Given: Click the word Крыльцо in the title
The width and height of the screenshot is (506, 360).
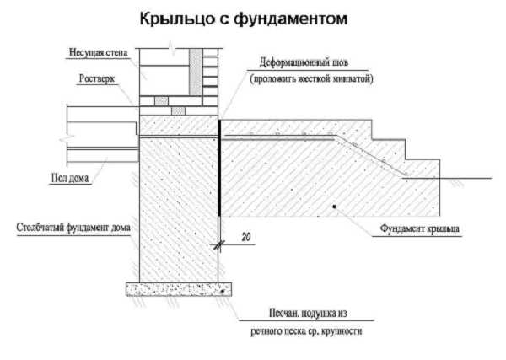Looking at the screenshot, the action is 177,19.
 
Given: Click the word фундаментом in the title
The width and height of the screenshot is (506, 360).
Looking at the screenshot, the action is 291,19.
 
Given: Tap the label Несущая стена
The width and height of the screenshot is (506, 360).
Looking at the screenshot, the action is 98,52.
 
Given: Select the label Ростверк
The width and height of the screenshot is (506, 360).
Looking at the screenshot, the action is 97,78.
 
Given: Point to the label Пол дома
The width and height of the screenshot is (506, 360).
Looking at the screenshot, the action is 70,178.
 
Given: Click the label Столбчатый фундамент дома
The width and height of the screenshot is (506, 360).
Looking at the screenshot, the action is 73,228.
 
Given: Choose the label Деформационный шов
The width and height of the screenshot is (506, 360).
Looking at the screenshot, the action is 304,62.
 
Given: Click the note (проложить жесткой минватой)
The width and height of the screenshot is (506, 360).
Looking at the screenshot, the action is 311,78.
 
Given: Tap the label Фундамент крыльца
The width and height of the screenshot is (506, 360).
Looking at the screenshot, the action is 419,228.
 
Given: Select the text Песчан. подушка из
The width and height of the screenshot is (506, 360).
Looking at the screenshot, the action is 308,314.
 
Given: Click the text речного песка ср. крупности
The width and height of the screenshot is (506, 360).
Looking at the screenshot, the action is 306,331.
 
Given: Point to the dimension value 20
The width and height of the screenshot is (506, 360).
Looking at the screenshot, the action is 246,237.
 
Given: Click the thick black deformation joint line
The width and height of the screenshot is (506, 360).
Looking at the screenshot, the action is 219,168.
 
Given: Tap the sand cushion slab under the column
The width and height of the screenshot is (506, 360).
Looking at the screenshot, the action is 179,289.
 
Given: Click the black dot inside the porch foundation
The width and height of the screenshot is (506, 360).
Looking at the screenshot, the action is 335,207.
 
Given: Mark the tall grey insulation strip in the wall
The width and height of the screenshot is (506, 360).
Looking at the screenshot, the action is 196,72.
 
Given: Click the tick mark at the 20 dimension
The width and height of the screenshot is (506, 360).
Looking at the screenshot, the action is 218,245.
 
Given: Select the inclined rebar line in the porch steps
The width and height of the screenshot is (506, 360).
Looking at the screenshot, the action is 370,155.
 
